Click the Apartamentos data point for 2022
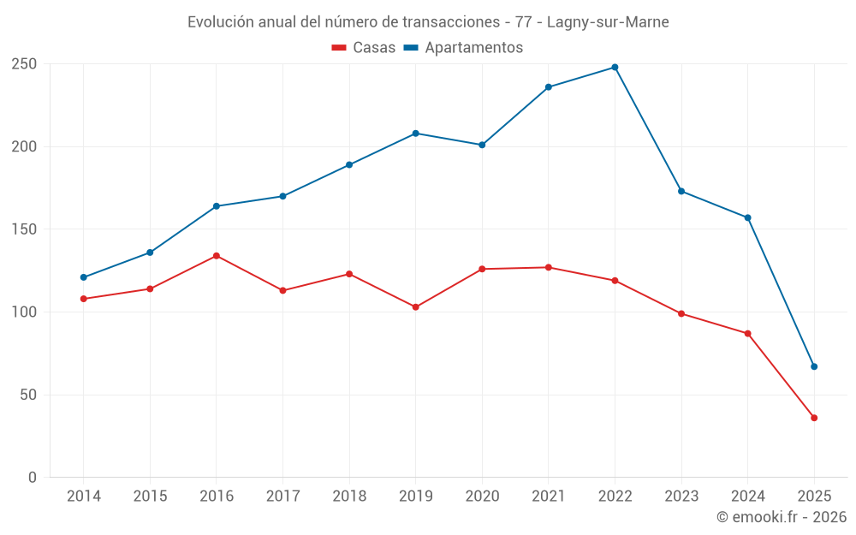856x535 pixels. click(x=615, y=68)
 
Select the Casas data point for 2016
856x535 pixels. click(x=217, y=256)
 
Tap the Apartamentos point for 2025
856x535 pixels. click(x=814, y=366)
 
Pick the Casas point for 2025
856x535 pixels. click(x=814, y=418)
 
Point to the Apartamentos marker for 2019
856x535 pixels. click(x=416, y=134)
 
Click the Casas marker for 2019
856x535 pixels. click(x=416, y=307)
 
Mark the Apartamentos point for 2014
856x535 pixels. click(x=84, y=277)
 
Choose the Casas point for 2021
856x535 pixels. click(x=549, y=268)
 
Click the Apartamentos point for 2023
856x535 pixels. click(x=681, y=191)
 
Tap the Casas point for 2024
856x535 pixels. click(x=747, y=334)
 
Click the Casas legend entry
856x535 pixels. click(x=364, y=48)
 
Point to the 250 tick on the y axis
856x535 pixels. click(x=24, y=64)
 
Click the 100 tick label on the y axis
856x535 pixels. click(x=24, y=312)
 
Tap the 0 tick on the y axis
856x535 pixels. click(x=33, y=478)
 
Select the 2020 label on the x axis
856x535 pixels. click(x=482, y=496)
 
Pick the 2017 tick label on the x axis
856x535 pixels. click(x=282, y=496)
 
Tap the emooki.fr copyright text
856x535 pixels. click(x=782, y=517)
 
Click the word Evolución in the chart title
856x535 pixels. click(x=219, y=22)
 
